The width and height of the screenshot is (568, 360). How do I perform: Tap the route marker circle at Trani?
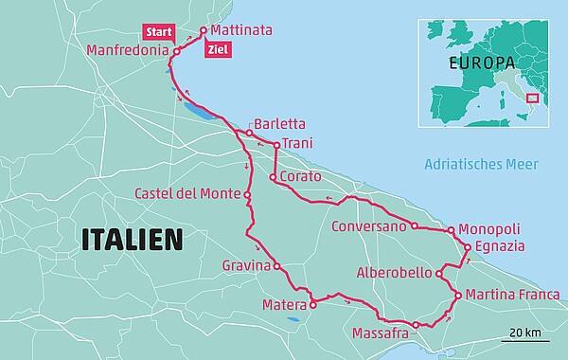pos(275,146)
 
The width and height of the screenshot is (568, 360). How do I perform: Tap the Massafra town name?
pos(380,334)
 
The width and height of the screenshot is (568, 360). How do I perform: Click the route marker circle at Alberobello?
pos(439,274)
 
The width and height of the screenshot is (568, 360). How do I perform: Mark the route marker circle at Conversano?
pos(414,226)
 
